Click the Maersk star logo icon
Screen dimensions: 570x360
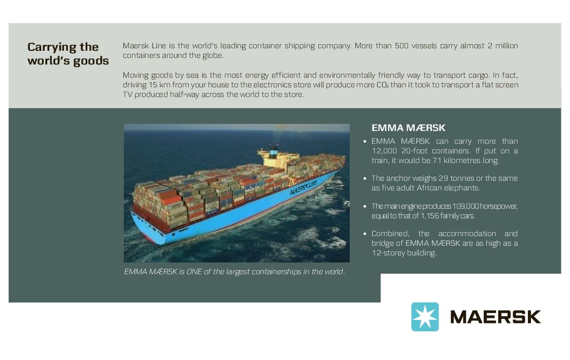point(425,317)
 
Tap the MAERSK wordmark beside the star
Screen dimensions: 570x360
point(495,317)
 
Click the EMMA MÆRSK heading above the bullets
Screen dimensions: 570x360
point(408,127)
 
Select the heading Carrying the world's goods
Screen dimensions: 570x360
point(68,54)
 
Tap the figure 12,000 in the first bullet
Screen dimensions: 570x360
point(384,150)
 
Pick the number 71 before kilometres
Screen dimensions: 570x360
point(437,160)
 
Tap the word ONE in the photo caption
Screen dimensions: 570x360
point(194,272)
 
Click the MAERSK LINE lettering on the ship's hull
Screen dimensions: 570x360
point(303,187)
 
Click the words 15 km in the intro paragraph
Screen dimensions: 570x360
point(157,85)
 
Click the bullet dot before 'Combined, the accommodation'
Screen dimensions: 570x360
point(365,234)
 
